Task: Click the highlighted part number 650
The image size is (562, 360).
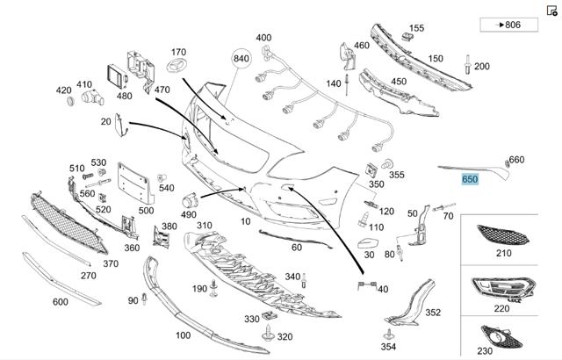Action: (x=470, y=179)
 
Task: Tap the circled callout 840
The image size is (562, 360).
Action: (x=241, y=58)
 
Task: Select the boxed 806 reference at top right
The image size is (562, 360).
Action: (x=509, y=25)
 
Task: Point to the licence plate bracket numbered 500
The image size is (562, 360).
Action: (x=135, y=183)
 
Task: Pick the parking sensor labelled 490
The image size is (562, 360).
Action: (x=190, y=201)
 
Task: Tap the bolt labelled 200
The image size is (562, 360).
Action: (x=468, y=64)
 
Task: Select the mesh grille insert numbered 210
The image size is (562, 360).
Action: (x=502, y=235)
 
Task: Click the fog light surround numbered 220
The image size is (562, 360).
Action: (x=503, y=289)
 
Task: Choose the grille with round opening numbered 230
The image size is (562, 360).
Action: (x=501, y=336)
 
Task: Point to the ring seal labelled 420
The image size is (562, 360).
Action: (x=70, y=101)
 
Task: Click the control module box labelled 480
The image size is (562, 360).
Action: (x=117, y=76)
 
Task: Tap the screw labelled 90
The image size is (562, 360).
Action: (x=144, y=299)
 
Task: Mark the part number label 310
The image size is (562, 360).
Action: (x=205, y=226)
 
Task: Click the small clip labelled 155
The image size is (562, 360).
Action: (x=406, y=36)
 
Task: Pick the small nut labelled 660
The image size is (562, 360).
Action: (x=508, y=163)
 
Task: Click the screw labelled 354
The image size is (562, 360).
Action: (x=389, y=335)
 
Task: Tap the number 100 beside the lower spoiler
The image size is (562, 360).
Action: (x=183, y=335)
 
